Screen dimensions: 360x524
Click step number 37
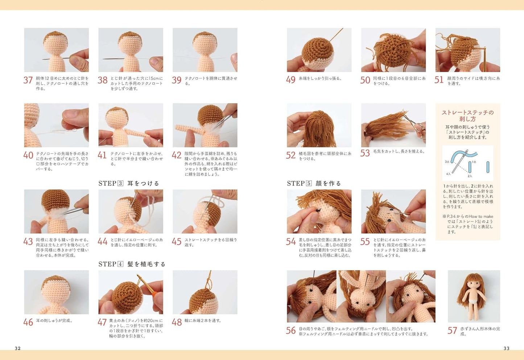[x=28, y=80]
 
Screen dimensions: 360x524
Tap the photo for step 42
[x=205, y=125]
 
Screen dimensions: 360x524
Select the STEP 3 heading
[x=129, y=183]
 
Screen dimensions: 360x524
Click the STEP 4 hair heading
[x=132, y=264]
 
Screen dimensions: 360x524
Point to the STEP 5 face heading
[x=314, y=183]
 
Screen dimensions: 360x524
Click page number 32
[x=18, y=348]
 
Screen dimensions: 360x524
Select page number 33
[x=506, y=348]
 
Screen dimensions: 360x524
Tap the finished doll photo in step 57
[x=474, y=296]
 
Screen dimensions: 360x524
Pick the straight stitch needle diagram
[x=467, y=163]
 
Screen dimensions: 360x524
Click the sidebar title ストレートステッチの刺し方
[x=467, y=116]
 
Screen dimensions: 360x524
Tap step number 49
[x=291, y=80]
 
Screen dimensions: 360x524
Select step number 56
[x=291, y=331]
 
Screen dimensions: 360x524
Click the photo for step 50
[x=393, y=50]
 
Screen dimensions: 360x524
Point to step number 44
[x=102, y=242]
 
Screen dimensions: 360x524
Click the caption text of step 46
[x=54, y=321]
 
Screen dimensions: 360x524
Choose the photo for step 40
[x=56, y=125]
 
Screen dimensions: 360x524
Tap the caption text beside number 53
[x=399, y=151]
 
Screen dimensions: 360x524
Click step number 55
[x=365, y=242]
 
